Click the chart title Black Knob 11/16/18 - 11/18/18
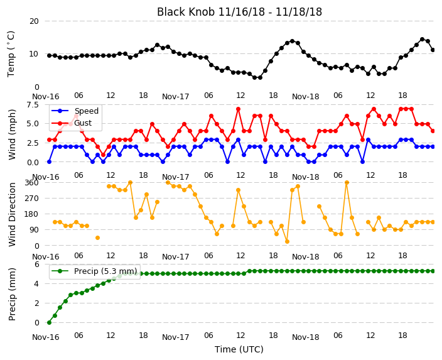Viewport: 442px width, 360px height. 239,12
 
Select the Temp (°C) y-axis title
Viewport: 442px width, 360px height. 11,54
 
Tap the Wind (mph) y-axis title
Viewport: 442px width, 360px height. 12,134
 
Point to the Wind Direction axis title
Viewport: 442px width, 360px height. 12,214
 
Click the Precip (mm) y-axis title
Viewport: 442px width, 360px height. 12,294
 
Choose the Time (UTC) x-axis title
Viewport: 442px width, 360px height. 239,349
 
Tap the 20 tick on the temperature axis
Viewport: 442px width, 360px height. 34,21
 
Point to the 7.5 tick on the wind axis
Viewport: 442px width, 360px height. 33,105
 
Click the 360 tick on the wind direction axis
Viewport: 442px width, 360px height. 32,183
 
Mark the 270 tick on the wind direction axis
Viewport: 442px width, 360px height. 32,199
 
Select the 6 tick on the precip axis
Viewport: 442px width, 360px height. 36,265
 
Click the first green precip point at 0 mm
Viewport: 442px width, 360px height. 50,322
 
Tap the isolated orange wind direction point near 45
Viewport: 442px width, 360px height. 97,238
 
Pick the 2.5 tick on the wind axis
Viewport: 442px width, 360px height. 33,143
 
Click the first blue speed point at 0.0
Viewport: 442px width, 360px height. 50,162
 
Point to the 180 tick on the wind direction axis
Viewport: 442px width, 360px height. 32,214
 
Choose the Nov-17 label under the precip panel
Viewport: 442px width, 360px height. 175,337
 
